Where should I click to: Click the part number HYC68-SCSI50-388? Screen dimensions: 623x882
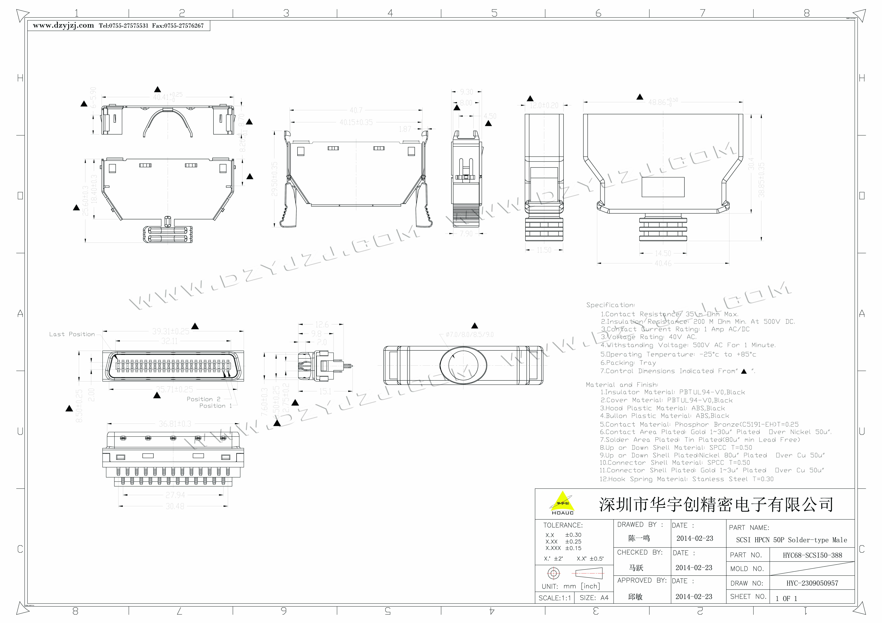pyautogui.click(x=812, y=555)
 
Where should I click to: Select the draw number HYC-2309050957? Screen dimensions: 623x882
pyautogui.click(x=812, y=583)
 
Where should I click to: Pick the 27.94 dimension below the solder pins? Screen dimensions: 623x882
pyautogui.click(x=175, y=495)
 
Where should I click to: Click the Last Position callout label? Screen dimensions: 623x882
pyautogui.click(x=72, y=334)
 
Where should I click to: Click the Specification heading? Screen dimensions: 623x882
pyautogui.click(x=610, y=305)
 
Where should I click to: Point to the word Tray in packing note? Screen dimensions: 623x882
pyautogui.click(x=648, y=363)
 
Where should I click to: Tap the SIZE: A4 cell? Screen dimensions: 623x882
pyautogui.click(x=594, y=598)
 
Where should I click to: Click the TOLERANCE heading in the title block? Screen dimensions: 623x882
pyautogui.click(x=563, y=525)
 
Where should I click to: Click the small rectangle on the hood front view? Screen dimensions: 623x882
pyautogui.click(x=663, y=187)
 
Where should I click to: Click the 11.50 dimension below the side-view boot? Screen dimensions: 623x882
pyautogui.click(x=544, y=250)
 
